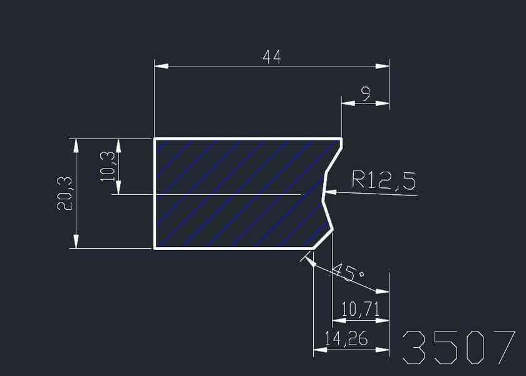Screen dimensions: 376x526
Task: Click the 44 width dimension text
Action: click(x=272, y=57)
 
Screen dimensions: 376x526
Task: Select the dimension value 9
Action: click(x=366, y=93)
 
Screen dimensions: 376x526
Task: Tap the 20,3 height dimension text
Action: click(x=65, y=193)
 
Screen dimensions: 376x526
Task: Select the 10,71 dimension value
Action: click(x=361, y=310)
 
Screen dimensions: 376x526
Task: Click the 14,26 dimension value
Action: click(x=346, y=339)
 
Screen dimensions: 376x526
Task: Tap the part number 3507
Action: click(x=459, y=347)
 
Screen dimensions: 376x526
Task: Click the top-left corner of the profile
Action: click(x=155, y=138)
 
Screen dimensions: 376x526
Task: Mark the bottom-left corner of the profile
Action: click(x=155, y=248)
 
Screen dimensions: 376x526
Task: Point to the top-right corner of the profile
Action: click(x=342, y=138)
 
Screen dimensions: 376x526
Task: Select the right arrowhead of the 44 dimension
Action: click(x=383, y=65)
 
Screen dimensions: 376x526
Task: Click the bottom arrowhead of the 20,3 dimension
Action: click(x=76, y=242)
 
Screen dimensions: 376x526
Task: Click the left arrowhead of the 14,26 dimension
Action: click(x=320, y=349)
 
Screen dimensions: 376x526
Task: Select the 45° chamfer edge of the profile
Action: click(x=321, y=240)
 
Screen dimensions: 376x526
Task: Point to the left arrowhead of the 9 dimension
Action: click(x=348, y=103)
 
